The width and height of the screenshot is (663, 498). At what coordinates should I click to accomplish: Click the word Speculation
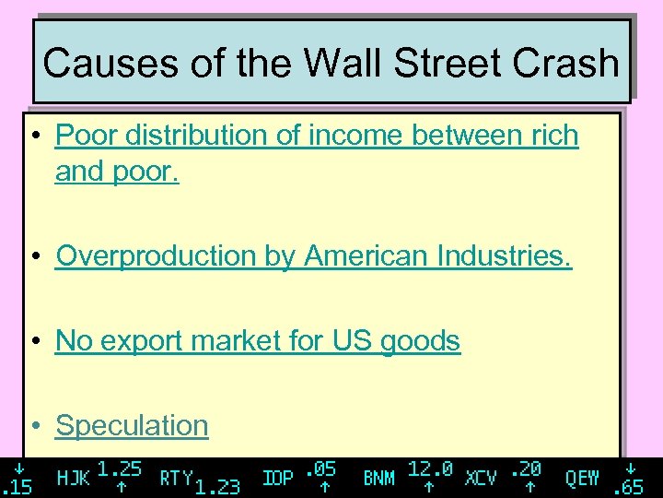point(132,425)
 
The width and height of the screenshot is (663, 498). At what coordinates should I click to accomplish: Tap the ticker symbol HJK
point(74,478)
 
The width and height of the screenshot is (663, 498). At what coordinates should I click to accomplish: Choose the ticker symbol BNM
point(378,478)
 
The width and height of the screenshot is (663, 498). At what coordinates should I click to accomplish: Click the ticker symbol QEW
point(582,478)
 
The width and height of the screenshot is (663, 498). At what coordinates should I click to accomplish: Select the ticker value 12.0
point(430,468)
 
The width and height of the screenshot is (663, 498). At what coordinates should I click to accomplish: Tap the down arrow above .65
point(631,468)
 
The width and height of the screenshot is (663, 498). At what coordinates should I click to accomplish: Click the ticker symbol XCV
point(481,478)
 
